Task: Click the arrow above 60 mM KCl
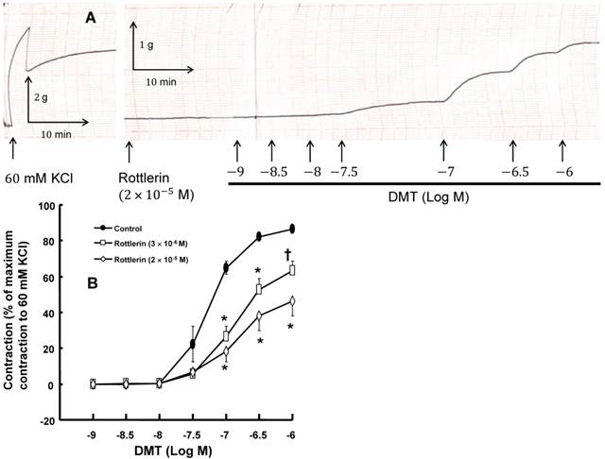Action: (x=12, y=149)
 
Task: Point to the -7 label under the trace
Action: (x=441, y=173)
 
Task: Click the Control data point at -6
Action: (x=292, y=229)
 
